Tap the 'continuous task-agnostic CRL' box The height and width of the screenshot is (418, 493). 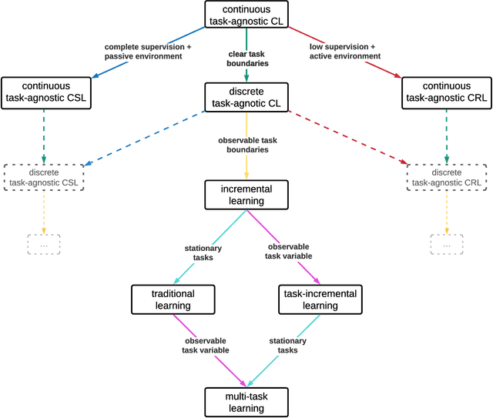click(x=447, y=92)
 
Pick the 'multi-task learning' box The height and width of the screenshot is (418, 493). click(x=246, y=401)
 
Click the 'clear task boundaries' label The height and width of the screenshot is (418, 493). click(x=246, y=59)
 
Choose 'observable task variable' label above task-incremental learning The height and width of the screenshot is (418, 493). click(x=289, y=252)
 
